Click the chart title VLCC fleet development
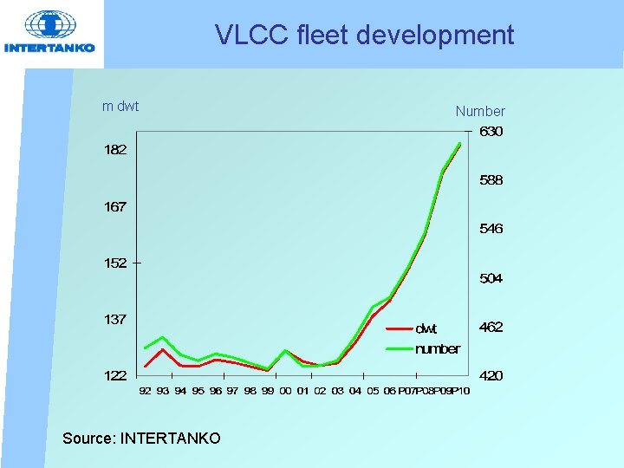364,36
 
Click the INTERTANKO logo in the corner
50,33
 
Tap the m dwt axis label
120,107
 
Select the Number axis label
480,111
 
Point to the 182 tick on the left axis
116,150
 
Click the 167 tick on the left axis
116,207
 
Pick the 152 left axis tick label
116,263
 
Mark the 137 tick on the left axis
116,320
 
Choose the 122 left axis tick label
116,376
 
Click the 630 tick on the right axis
491,132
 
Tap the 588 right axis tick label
491,180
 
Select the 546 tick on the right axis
491,229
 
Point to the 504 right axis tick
491,278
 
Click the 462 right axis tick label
491,327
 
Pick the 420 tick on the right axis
491,376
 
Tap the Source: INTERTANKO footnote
141,439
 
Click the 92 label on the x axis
145,392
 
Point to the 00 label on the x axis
285,392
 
